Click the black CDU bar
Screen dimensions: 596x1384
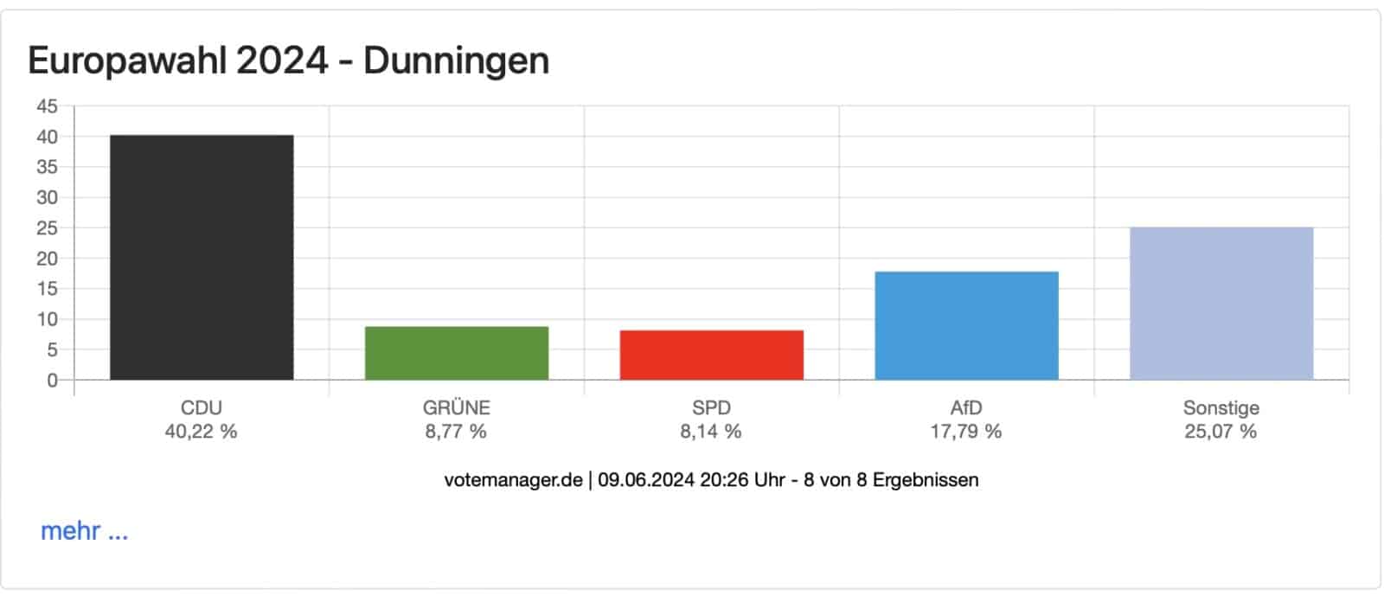click(202, 257)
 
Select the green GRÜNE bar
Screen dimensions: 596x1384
click(457, 353)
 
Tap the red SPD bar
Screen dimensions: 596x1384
click(711, 355)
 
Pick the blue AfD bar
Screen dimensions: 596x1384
click(966, 325)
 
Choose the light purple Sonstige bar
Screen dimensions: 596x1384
click(1221, 304)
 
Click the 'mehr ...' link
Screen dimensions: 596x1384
click(84, 530)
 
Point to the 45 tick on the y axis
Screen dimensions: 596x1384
click(47, 106)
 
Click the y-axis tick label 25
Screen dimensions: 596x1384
click(47, 228)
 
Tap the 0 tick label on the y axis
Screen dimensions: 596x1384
click(52, 381)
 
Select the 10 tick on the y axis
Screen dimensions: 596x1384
click(47, 319)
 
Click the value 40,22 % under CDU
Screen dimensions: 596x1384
click(201, 431)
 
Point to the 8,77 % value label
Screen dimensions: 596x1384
click(456, 431)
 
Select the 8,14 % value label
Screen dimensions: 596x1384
click(711, 431)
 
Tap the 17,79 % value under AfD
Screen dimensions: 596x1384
click(966, 431)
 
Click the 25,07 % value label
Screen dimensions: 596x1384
click(1221, 431)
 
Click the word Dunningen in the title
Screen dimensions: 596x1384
click(456, 61)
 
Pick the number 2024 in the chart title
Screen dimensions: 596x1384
click(282, 61)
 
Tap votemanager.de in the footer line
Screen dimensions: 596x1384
click(513, 479)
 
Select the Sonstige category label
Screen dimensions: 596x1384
click(1221, 407)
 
